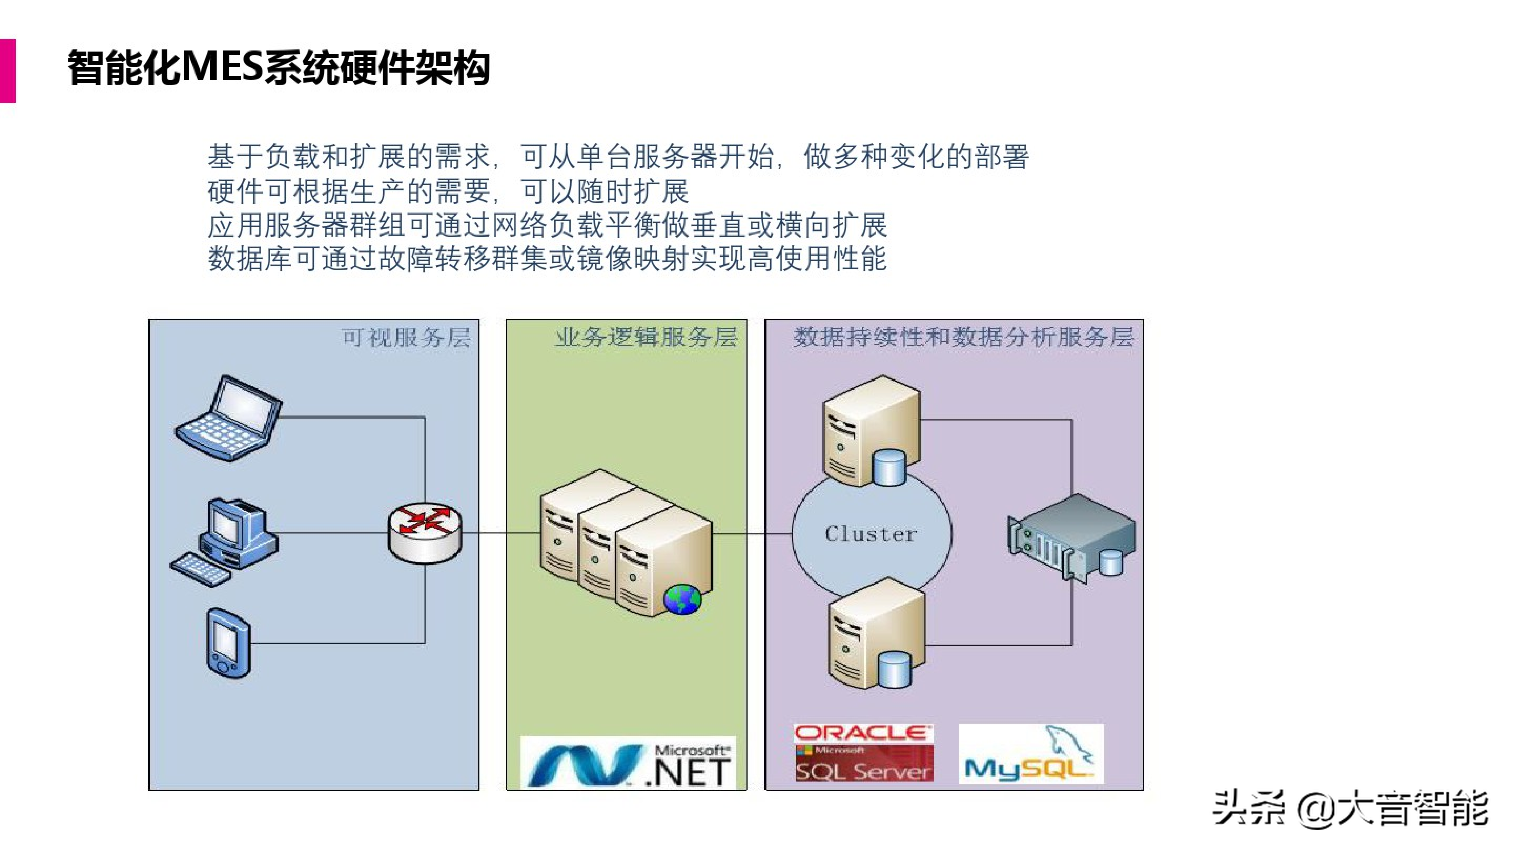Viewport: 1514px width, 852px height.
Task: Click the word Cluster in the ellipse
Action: point(871,534)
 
